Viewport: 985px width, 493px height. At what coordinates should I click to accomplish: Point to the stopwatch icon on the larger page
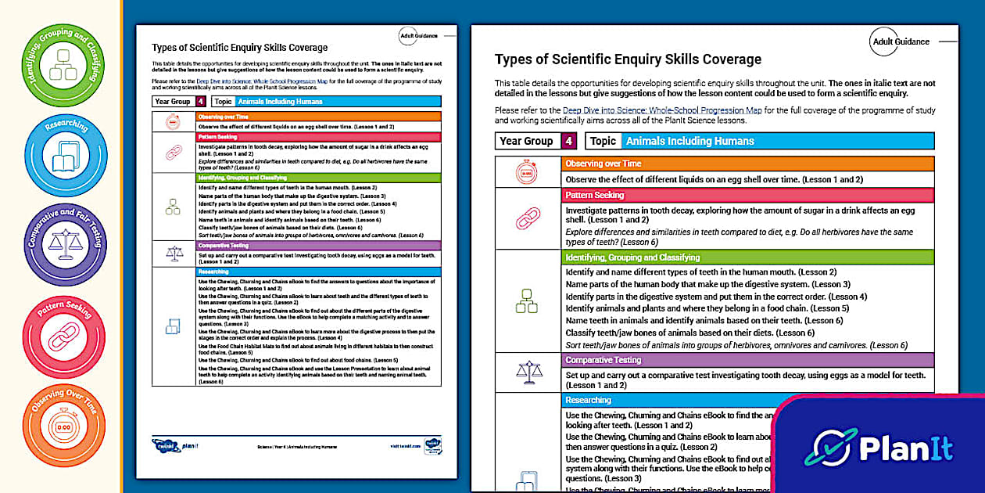tap(528, 171)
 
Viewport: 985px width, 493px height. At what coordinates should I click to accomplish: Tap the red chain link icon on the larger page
tap(528, 218)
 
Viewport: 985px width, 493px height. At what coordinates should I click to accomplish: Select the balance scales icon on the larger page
tap(528, 372)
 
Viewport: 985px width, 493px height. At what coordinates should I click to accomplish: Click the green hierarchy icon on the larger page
tap(528, 301)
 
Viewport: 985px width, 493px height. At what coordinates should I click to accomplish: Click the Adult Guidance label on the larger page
tap(901, 41)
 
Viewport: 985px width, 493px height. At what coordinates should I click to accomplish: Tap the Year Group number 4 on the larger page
tap(569, 141)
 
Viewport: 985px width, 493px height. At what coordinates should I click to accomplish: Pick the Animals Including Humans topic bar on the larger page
tap(777, 141)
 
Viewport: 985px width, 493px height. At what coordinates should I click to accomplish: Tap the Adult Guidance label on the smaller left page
tap(417, 35)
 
